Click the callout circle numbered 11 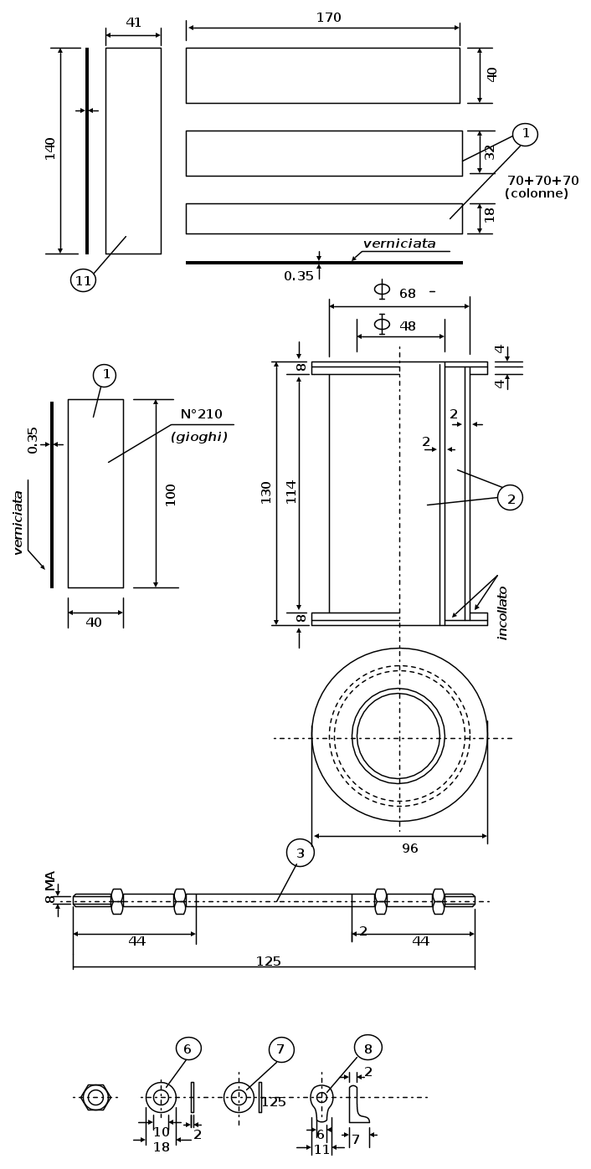coord(83,281)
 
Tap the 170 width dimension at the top coord(329,18)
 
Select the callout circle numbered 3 coord(301,853)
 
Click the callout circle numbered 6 coord(188,1049)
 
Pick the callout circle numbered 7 coord(281,1049)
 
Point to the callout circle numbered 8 coord(368,1048)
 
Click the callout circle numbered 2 coord(510,498)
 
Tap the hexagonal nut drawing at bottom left coord(95,1097)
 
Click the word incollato coord(502,613)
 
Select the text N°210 coord(202,414)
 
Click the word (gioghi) coord(199,438)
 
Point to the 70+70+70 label coord(543,181)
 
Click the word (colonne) coord(537,193)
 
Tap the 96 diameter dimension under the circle coord(410,849)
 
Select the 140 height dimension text coord(50,149)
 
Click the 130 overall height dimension coord(265,493)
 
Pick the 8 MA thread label coord(50,887)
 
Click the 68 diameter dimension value coord(408,294)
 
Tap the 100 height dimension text coord(170,495)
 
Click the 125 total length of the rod coord(269,961)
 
